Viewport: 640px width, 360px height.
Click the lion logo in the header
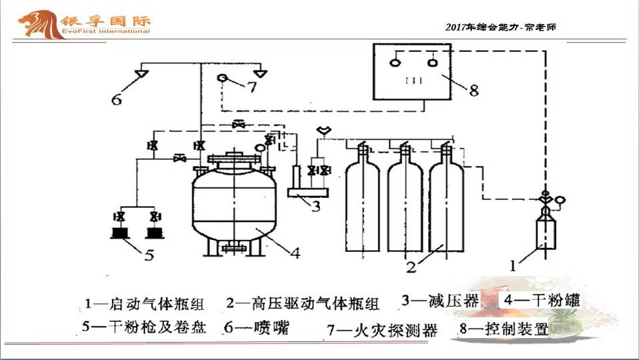(x=41, y=25)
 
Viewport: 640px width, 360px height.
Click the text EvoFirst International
(x=106, y=31)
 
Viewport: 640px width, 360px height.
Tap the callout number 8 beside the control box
(x=474, y=90)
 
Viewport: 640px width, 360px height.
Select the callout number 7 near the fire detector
(x=252, y=87)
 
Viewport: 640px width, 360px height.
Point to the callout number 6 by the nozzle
(x=117, y=99)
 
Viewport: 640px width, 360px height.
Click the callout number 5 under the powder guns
(x=149, y=255)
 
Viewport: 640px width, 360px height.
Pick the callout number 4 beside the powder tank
(x=295, y=253)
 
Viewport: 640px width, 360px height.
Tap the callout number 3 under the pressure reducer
(x=316, y=206)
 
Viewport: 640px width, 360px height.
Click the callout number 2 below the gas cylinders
(x=411, y=267)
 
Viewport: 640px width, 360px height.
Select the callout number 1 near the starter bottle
(x=513, y=266)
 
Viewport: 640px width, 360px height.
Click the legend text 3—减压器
(x=440, y=301)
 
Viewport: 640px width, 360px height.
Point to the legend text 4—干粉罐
(x=541, y=300)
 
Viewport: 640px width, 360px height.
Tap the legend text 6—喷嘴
(x=257, y=327)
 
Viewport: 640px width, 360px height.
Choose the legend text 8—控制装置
(x=504, y=329)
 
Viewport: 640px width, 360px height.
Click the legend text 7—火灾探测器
(x=382, y=330)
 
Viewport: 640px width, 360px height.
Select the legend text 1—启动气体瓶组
(x=144, y=304)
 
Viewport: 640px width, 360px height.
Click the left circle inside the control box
(x=394, y=63)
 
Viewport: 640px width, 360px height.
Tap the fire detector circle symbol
(x=222, y=77)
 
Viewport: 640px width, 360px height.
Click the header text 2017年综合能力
(x=481, y=27)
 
